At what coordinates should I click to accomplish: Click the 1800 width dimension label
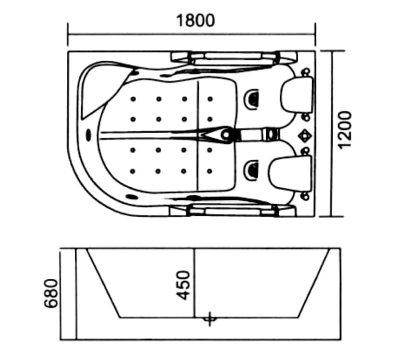pyautogui.click(x=196, y=20)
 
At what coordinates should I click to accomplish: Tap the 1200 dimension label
pyautogui.click(x=345, y=130)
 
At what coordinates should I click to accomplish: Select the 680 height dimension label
pyautogui.click(x=51, y=293)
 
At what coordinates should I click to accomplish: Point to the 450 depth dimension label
pyautogui.click(x=183, y=285)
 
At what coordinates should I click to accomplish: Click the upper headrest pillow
pyautogui.click(x=297, y=95)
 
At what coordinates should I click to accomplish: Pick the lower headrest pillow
pyautogui.click(x=290, y=173)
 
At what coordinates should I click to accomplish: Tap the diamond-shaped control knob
pyautogui.click(x=305, y=135)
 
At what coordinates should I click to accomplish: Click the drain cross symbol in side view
pyautogui.click(x=209, y=319)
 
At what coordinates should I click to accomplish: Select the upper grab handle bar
pyautogui.click(x=233, y=57)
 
